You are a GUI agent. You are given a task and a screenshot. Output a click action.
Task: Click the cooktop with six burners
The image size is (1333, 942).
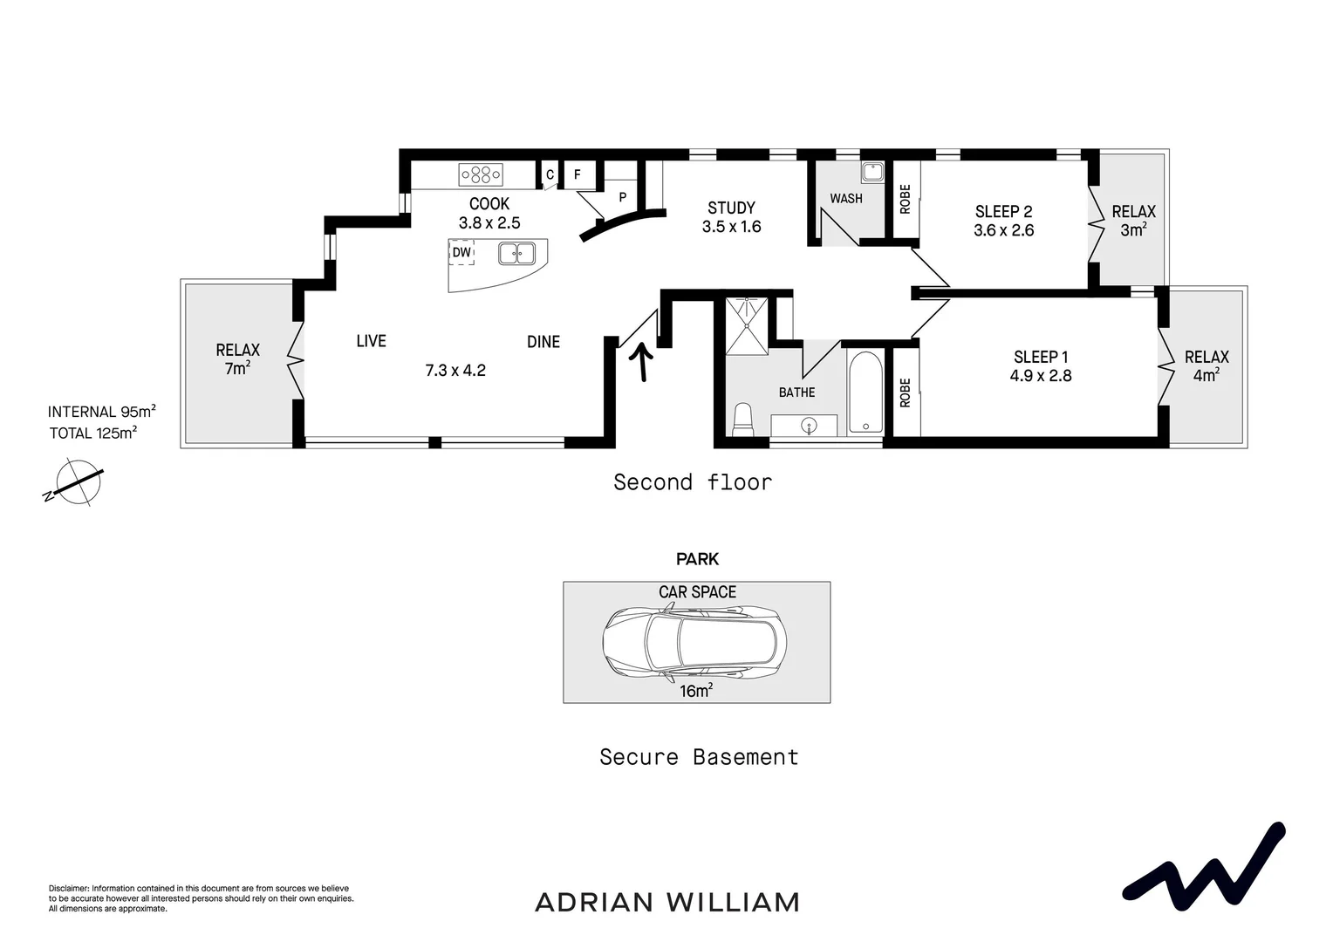point(481,175)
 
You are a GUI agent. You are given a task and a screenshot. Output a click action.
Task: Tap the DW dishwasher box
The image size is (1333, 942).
point(461,253)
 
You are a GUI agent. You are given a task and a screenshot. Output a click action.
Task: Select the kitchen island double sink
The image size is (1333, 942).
point(516,254)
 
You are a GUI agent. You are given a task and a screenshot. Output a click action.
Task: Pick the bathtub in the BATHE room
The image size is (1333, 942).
point(865,392)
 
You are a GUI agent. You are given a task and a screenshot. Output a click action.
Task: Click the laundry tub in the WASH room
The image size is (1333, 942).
point(872,171)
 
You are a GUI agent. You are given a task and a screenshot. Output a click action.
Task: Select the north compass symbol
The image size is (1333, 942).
point(76,483)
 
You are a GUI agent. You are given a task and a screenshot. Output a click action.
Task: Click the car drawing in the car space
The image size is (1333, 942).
point(694,643)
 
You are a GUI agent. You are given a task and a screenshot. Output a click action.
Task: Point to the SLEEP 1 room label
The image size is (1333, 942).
point(1041,357)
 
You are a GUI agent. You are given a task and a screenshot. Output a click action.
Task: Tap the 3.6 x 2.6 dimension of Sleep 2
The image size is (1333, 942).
point(1003,231)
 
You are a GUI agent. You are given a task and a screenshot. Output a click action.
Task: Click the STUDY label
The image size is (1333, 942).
point(731,208)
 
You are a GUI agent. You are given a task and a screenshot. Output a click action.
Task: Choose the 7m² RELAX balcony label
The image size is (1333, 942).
point(237,359)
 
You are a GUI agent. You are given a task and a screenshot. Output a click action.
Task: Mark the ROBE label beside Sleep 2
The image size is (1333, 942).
point(905,199)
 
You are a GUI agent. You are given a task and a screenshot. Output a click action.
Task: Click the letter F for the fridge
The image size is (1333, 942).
point(577,174)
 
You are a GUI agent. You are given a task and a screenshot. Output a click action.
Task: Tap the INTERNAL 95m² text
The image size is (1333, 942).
point(101,412)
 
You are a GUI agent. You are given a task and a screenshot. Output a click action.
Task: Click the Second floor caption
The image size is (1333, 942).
point(693,482)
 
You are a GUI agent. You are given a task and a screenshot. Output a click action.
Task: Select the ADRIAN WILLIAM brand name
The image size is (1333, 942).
point(666,902)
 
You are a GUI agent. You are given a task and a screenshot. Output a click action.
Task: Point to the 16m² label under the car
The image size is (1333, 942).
point(696,691)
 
